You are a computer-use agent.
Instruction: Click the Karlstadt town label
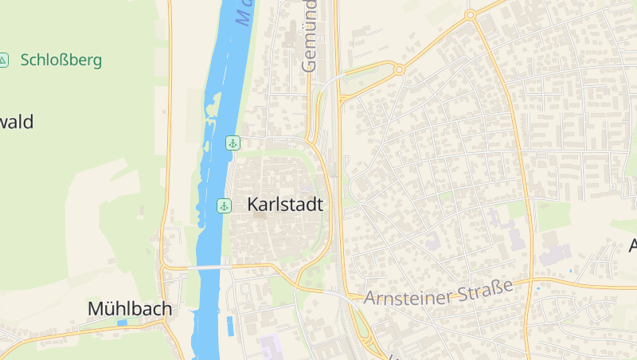click(285, 205)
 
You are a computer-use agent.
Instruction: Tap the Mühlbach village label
click(129, 308)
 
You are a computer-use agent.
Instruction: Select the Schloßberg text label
click(61, 60)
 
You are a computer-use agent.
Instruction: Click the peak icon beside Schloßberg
click(4, 60)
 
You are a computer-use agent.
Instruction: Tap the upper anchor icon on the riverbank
click(233, 143)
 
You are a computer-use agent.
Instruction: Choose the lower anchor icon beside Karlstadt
click(224, 206)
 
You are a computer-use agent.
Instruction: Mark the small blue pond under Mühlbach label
click(122, 323)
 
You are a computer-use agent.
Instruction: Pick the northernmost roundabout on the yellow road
click(470, 15)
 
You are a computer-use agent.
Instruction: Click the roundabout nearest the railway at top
click(399, 70)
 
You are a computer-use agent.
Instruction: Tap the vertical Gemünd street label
click(309, 36)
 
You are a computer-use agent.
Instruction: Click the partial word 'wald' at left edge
click(16, 122)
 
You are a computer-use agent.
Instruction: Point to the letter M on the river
click(243, 14)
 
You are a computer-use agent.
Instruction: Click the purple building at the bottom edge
click(271, 347)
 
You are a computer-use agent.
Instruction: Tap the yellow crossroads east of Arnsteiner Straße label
click(530, 281)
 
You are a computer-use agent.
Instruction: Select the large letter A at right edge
click(632, 245)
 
